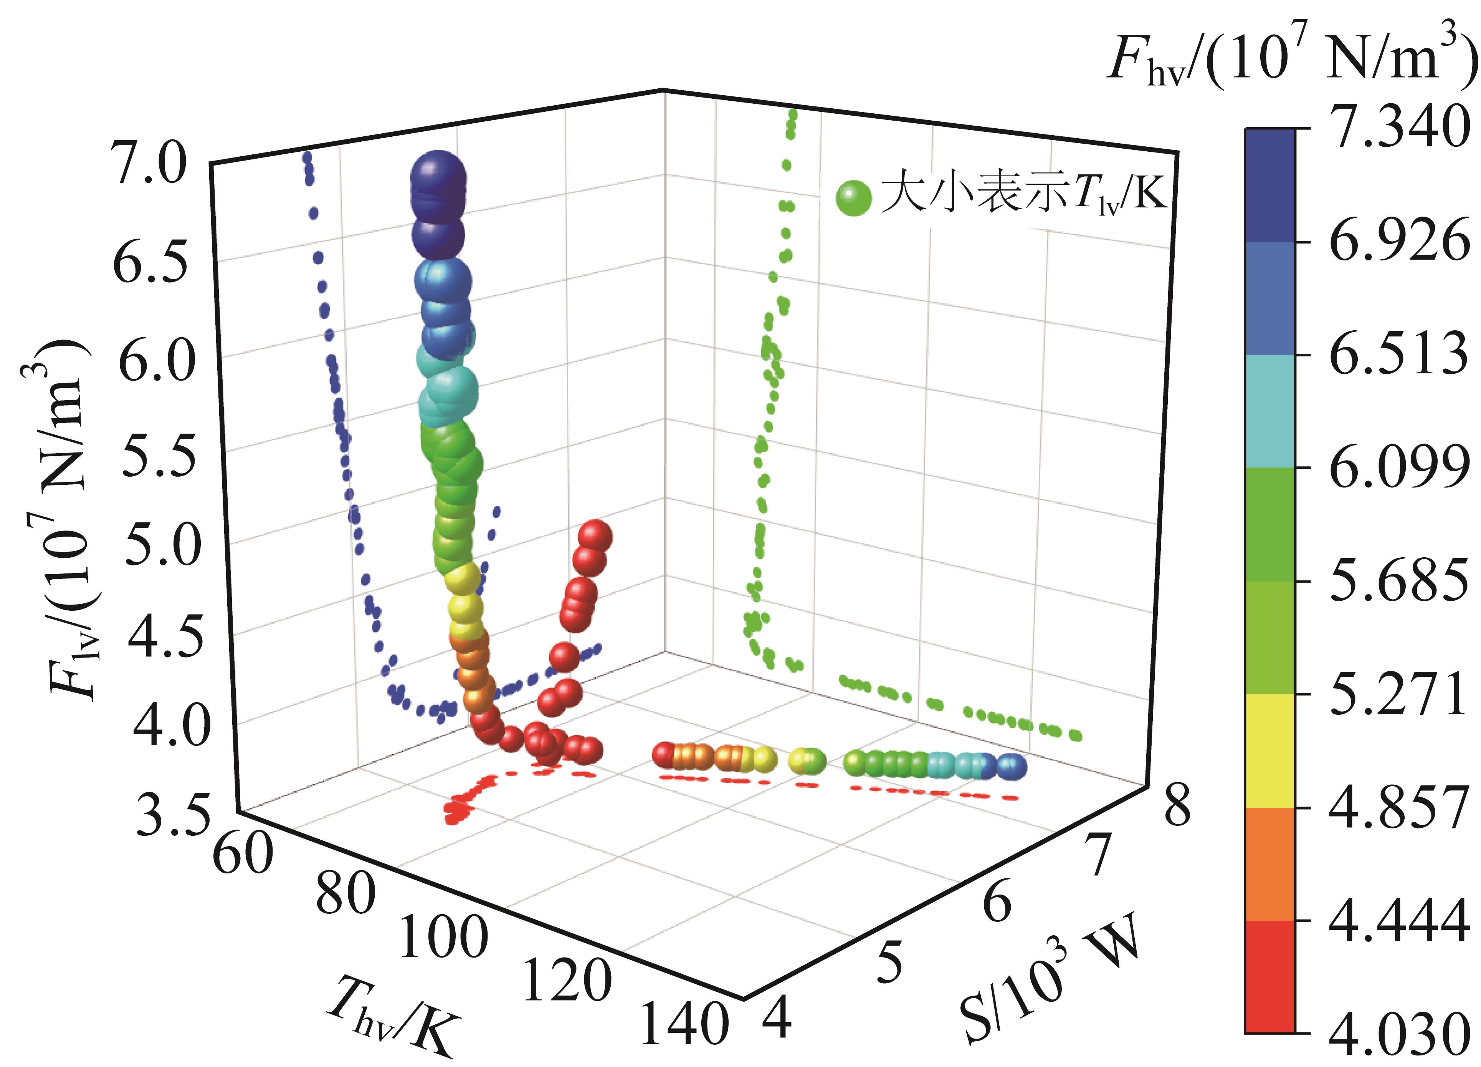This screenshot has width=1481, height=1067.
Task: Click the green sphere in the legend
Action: coord(853,197)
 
